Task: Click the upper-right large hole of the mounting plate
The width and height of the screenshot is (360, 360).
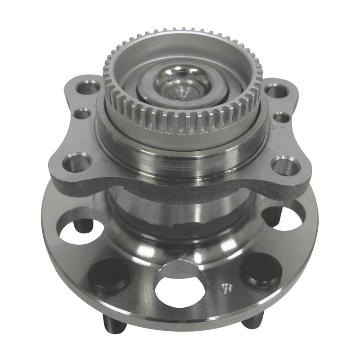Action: pos(276,91)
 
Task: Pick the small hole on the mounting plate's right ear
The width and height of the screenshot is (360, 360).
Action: pos(281,117)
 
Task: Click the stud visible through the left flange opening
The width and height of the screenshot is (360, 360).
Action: pos(84,225)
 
